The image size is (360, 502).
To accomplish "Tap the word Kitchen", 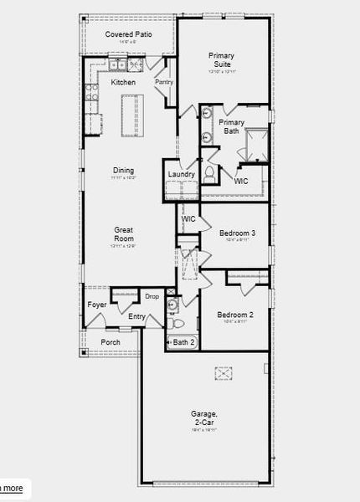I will tap(123, 82).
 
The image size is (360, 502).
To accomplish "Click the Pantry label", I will tap(163, 82).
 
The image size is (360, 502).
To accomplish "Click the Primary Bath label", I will tap(231, 126).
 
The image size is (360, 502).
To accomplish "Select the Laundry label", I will tap(181, 174).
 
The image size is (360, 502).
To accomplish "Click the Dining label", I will tap(123, 170).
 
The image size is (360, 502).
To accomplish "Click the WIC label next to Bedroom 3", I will tap(188, 218).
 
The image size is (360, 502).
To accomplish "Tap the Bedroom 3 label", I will tap(237, 233).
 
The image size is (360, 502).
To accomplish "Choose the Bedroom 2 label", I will tap(234, 315).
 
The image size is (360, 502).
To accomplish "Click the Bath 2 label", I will tap(183, 342).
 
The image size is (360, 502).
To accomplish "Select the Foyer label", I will tap(97, 305).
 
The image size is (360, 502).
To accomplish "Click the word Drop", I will tap(152, 296).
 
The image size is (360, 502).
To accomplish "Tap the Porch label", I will tap(111, 342).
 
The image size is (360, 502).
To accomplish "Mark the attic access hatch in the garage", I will tap(222, 372).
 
